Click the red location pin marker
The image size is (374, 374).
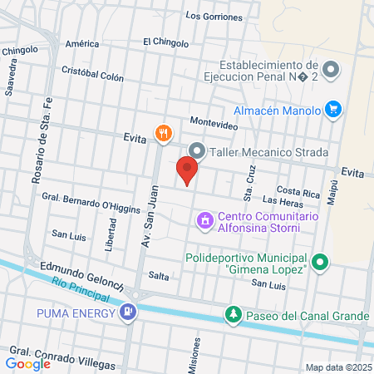[x=187, y=171]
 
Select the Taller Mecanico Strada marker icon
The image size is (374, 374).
[x=197, y=151]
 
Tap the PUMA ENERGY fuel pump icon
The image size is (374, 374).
[x=127, y=313]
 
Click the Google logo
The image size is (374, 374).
[x=27, y=363]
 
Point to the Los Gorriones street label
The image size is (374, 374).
[x=214, y=17]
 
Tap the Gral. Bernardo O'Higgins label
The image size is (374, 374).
[x=89, y=198]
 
